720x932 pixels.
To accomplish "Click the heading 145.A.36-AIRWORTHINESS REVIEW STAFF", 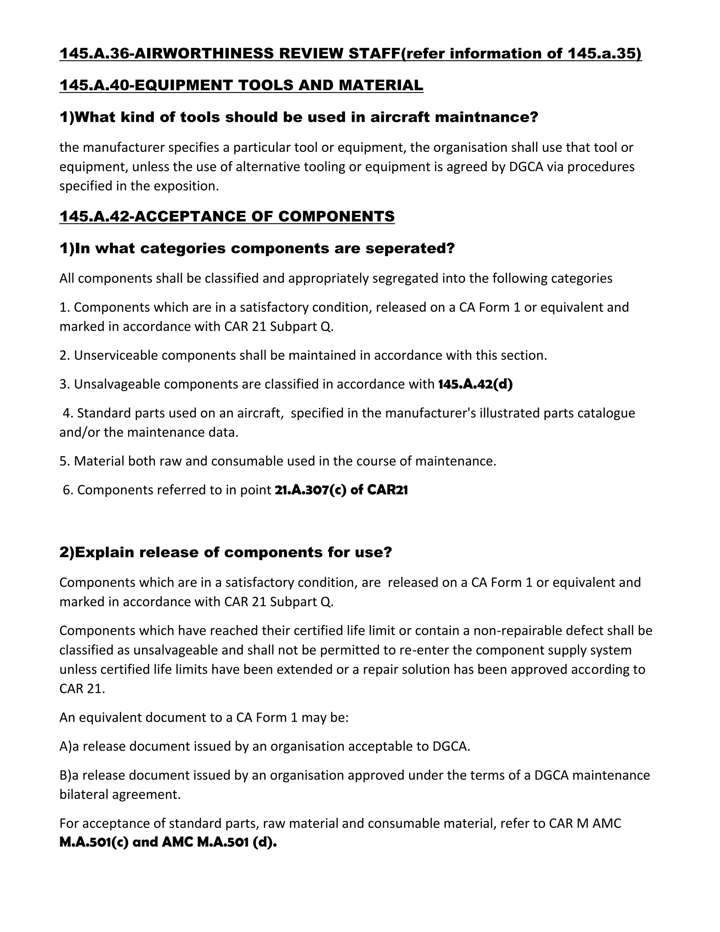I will (230, 54).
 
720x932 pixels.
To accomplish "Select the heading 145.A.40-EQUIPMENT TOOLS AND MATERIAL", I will (241, 85).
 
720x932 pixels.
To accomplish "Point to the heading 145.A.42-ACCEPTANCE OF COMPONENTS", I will (227, 216).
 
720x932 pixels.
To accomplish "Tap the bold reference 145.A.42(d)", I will (475, 384).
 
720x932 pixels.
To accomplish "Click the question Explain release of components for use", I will (225, 553).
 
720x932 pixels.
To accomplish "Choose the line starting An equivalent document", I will (204, 718).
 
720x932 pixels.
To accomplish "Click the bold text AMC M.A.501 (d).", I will (219, 843).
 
